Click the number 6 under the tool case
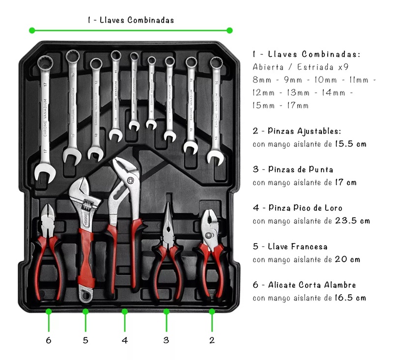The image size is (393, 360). click(49, 340)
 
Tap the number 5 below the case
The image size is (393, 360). click(85, 340)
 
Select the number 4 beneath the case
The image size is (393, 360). click(125, 340)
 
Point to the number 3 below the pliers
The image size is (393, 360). click(166, 340)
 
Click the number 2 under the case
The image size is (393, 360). click(212, 340)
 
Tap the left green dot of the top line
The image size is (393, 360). click(32, 30)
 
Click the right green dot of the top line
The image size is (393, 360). click(229, 30)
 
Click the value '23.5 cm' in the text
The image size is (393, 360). click(352, 221)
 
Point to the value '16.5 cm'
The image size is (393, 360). click(350, 298)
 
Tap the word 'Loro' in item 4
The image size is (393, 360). click(334, 208)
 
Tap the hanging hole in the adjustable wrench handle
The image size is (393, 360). click(85, 295)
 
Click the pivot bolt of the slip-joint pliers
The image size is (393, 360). click(208, 235)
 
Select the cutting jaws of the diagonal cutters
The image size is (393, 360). click(48, 213)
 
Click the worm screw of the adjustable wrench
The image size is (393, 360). click(87, 206)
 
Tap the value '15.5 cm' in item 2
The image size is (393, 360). click(351, 143)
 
